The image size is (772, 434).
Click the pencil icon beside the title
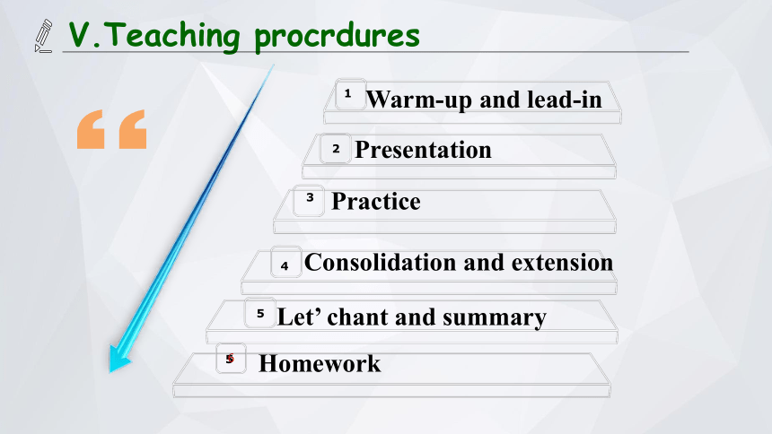(43, 36)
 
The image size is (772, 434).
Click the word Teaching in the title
(171, 36)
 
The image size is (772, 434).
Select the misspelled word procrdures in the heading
(337, 37)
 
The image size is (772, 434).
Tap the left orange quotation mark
(91, 129)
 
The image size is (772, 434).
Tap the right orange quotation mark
(133, 129)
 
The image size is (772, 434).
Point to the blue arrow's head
(119, 359)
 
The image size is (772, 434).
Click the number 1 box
(350, 94)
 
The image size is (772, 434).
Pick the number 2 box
(336, 149)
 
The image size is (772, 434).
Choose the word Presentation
(423, 150)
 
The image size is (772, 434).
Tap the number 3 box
(309, 201)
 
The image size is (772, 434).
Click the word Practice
(376, 201)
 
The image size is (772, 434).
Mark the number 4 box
(286, 262)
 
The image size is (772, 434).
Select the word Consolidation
(381, 262)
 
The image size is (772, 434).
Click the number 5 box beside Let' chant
(260, 313)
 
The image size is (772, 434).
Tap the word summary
(495, 317)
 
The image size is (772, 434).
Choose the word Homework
(320, 364)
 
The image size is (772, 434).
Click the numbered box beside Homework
(231, 358)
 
